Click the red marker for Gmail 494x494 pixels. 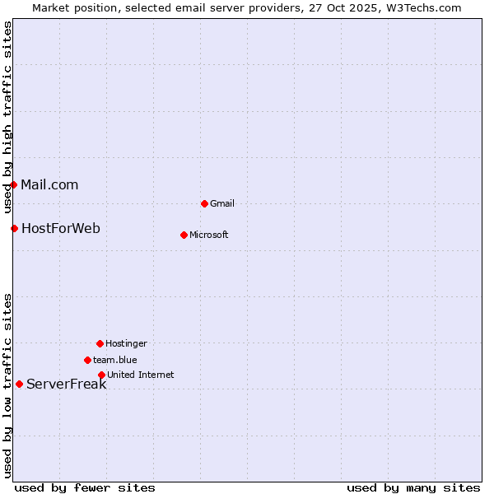[x=204, y=203]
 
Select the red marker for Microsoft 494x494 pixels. [x=184, y=235]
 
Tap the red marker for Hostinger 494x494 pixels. [x=100, y=343]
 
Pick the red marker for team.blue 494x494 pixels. [x=87, y=360]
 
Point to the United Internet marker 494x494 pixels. [x=101, y=375]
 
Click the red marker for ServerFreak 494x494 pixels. [x=19, y=384]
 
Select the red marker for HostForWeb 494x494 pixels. [x=14, y=228]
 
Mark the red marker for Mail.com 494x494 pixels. [x=13, y=184]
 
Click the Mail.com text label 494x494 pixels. [x=49, y=185]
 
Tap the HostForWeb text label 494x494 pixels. [x=60, y=229]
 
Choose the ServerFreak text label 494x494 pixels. [x=66, y=384]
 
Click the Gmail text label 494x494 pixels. [x=222, y=204]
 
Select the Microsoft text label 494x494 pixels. [x=209, y=235]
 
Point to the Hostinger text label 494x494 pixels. [x=126, y=344]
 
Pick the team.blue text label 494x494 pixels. [x=115, y=361]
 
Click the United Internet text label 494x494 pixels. [x=140, y=375]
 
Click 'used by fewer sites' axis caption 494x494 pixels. [x=85, y=487]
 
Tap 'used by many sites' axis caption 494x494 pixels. [x=413, y=487]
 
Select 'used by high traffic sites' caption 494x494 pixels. [x=7, y=117]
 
